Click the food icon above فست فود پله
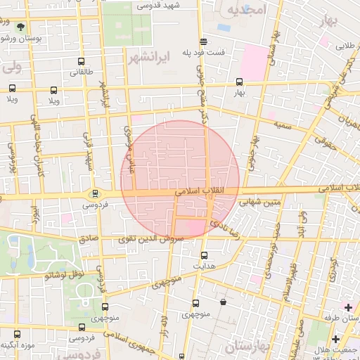pyautogui.click(x=203, y=41)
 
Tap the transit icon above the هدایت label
pyautogui.click(x=205, y=255)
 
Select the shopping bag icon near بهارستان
pyautogui.click(x=223, y=302)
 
